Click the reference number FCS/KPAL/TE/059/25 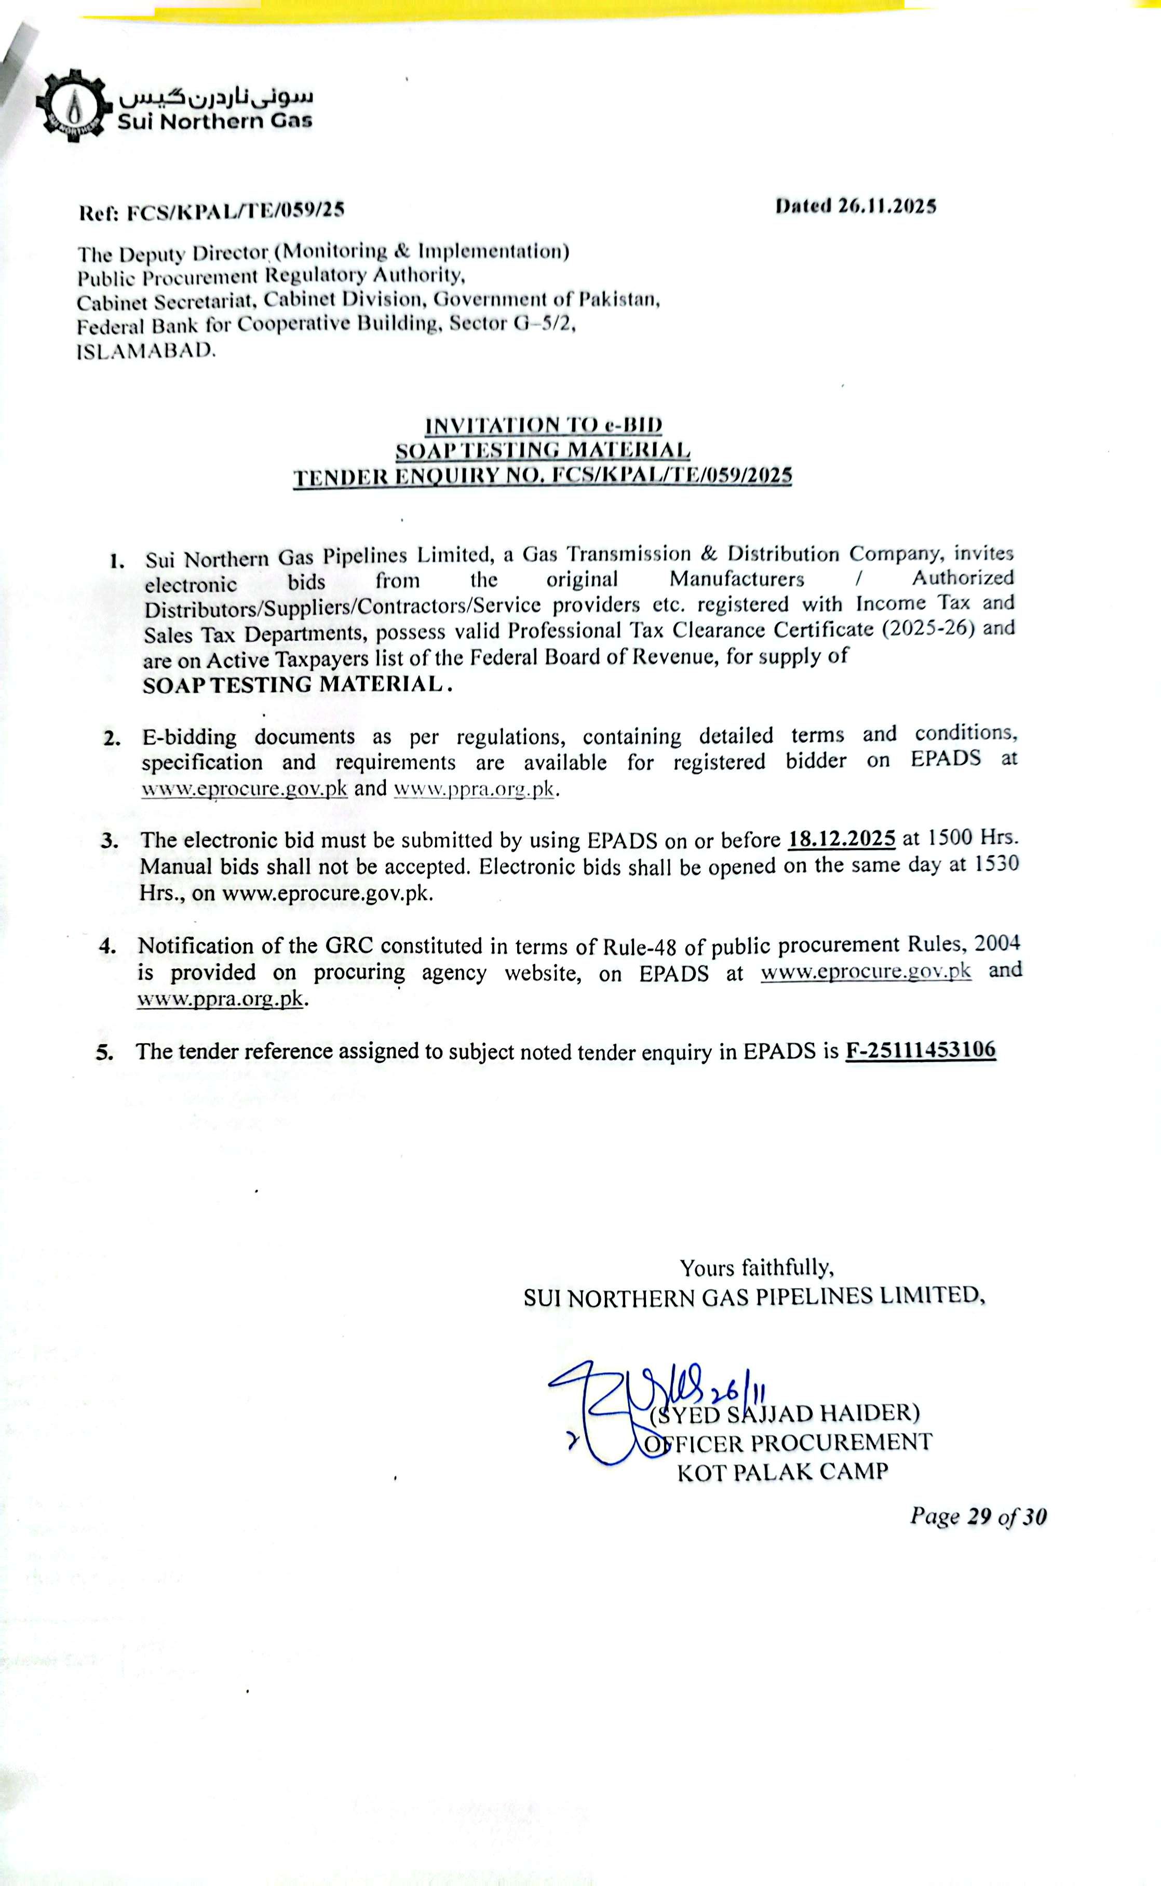[235, 210]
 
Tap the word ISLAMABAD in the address [146, 352]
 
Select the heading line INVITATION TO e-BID [544, 425]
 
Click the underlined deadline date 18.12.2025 [842, 838]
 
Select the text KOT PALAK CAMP [782, 1472]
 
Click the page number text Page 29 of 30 [978, 1516]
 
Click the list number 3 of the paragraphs [110, 841]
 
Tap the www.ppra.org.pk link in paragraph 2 [474, 789]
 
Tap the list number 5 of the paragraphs [105, 1052]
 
